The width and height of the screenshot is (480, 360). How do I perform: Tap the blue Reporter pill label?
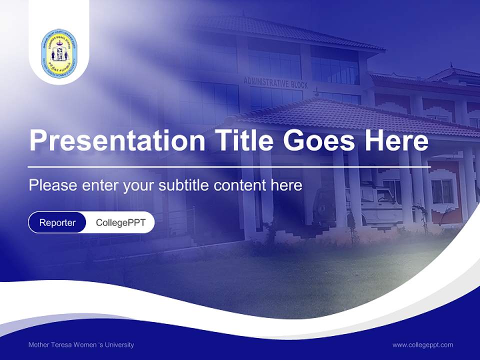click(x=57, y=222)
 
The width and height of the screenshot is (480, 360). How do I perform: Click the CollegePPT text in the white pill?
click(x=120, y=222)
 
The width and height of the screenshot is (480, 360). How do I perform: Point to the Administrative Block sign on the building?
click(x=275, y=82)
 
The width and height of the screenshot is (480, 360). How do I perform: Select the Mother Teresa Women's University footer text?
click(x=81, y=344)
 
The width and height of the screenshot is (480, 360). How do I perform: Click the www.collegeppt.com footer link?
click(x=422, y=344)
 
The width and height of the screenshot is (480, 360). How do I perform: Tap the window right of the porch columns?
click(x=442, y=191)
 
